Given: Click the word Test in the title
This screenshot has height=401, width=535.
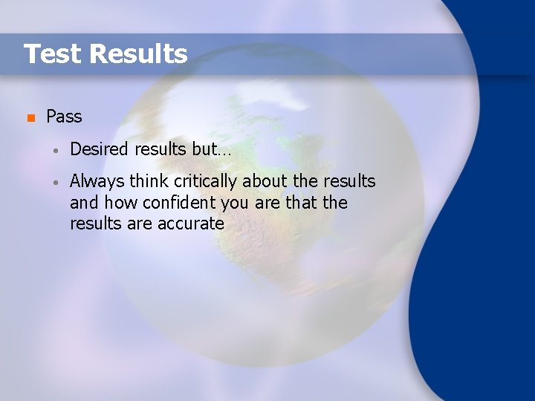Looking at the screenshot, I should (51, 54).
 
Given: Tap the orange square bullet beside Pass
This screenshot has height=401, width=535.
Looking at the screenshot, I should (30, 118).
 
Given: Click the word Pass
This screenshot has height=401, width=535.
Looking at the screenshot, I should (64, 117).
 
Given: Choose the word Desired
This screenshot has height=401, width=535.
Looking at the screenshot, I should (100, 149).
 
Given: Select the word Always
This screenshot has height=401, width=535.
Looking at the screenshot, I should (97, 182).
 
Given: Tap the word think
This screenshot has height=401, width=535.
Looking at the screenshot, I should (149, 182).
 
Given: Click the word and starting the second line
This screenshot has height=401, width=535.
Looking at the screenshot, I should (85, 203).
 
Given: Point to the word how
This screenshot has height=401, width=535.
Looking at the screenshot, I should (120, 203).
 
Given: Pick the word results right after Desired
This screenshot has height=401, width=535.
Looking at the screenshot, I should (161, 149).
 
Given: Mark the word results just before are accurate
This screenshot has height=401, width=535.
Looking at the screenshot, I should (94, 224).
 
